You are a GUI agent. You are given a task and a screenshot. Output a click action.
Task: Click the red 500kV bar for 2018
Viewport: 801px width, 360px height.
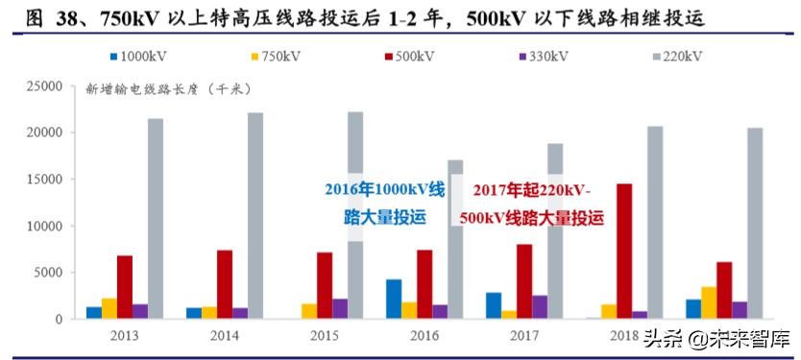tap(624, 251)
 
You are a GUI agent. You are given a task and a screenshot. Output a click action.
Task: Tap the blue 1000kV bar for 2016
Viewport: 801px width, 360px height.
tap(394, 299)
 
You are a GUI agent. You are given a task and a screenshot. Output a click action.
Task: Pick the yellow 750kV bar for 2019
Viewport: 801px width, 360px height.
tap(708, 302)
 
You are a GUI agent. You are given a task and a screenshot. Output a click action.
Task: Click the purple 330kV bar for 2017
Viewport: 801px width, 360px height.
tap(540, 306)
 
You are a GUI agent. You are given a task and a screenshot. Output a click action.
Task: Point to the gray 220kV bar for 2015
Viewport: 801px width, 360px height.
tap(355, 215)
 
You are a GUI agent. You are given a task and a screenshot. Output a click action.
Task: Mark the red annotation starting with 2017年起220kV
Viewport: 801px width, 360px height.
tap(532, 203)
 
